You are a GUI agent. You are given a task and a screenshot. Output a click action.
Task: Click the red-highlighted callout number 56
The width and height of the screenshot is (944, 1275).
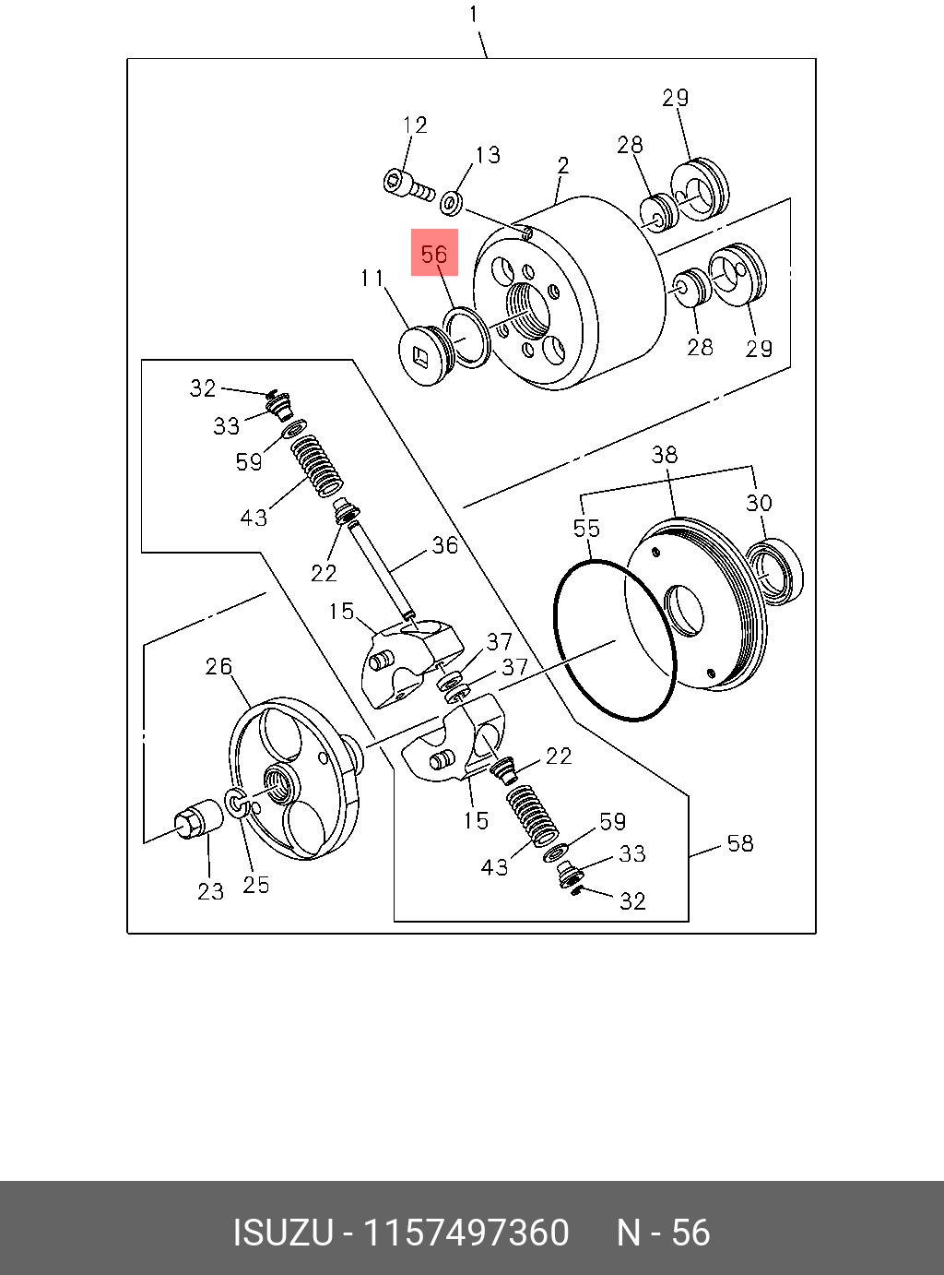pos(434,254)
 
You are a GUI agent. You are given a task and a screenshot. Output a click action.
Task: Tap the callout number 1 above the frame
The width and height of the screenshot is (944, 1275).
pos(474,15)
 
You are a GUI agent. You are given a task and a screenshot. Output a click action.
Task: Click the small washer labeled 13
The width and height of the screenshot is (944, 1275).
pos(452,200)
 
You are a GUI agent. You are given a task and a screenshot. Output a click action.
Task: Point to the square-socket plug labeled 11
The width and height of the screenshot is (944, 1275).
pos(422,355)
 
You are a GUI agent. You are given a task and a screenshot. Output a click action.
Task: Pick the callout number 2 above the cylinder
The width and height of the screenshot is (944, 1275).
pos(563,166)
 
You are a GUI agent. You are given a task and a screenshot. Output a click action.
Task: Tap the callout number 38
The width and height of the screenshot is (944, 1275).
pos(664,454)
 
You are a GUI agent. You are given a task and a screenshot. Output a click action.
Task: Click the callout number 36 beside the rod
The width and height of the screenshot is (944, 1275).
pos(444,545)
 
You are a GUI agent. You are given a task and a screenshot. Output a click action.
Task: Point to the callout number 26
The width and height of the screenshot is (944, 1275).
pos(218,666)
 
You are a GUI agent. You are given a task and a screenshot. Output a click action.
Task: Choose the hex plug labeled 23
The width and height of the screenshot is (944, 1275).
pos(198,819)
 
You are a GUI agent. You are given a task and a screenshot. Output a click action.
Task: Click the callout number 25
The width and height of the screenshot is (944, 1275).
pos(256,885)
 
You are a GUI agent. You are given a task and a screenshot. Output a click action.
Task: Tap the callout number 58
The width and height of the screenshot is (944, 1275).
pos(740,843)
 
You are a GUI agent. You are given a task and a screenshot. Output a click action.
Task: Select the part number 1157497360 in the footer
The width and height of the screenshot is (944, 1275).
pos(466,1233)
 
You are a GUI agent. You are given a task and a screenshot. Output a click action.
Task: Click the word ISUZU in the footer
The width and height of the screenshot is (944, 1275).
pos(282,1233)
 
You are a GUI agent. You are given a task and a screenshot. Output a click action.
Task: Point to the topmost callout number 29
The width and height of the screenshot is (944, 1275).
pos(676,98)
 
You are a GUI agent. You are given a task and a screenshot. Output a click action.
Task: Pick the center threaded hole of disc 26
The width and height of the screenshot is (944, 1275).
pos(277,781)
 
